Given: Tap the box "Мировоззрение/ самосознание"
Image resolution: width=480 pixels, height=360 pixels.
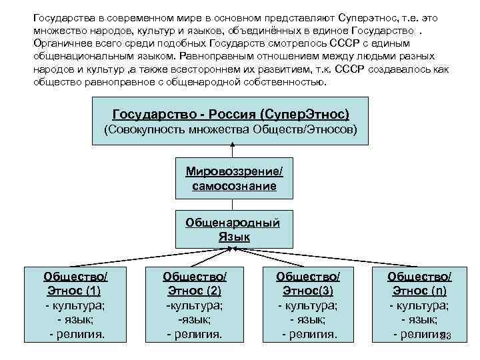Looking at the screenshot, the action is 234,179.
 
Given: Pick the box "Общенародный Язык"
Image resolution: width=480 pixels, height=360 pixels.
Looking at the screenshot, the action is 233,229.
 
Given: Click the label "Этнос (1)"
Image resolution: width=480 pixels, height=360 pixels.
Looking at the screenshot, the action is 75,291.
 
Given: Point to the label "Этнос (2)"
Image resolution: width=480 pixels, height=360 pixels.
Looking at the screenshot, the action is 194,291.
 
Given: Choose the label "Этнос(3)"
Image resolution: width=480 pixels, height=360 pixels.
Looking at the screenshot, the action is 307,291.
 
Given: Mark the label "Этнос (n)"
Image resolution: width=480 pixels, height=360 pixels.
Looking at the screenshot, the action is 419,291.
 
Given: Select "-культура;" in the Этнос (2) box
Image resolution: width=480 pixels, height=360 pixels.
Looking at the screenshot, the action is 194,305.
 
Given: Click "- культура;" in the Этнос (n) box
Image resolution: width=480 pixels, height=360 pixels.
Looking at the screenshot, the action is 419,305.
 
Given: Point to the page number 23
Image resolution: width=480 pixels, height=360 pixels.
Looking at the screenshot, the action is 446,337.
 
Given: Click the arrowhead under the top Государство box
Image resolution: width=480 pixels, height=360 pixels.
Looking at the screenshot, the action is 233,146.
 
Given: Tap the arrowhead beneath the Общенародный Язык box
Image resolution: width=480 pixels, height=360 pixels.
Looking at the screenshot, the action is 233,248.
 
